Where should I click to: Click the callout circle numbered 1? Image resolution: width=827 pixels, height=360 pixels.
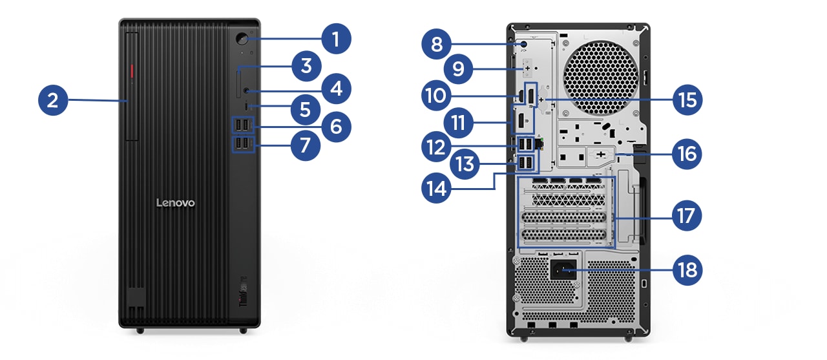tap(334, 39)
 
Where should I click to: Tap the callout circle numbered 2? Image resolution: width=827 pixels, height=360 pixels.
tap(53, 100)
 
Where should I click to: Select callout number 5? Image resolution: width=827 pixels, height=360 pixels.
tap(305, 109)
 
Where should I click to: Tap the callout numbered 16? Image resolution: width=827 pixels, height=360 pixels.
tap(686, 154)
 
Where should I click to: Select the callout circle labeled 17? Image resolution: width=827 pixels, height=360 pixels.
tap(686, 217)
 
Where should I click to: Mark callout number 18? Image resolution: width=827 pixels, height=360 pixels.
tap(686, 269)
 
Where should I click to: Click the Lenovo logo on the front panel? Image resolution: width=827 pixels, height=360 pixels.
tap(175, 203)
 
